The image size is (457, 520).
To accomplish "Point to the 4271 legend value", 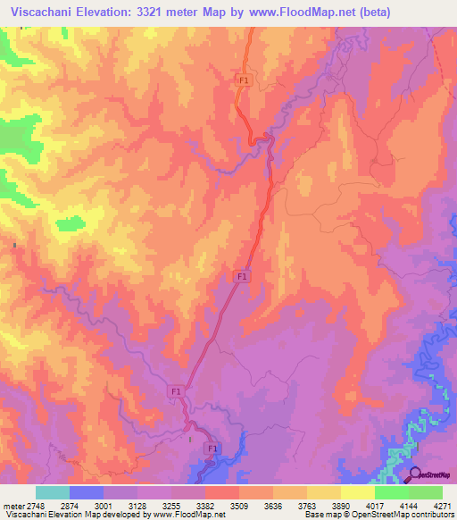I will [443, 506].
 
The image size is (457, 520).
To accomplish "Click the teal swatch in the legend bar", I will [53, 492].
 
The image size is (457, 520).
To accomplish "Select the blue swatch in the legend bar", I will [87, 492].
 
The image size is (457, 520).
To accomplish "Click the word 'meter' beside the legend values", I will [13, 506].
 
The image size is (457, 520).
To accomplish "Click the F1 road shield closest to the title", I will [245, 80].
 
